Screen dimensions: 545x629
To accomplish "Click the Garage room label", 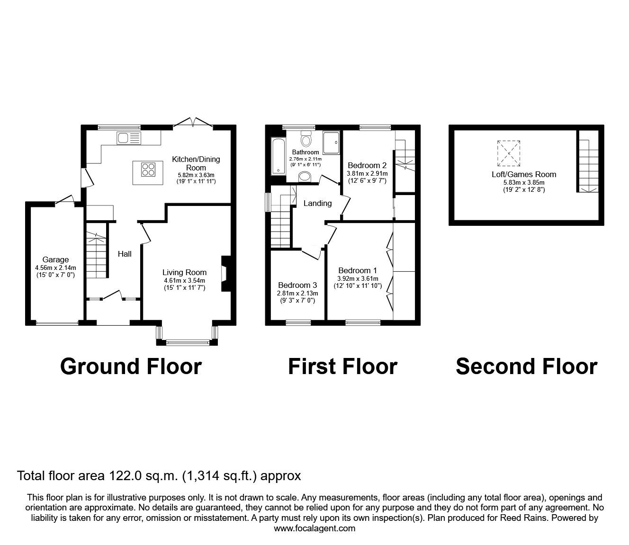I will [x=55, y=259].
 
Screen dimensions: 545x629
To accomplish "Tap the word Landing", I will [x=317, y=203].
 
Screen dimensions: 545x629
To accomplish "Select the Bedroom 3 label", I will [x=297, y=286].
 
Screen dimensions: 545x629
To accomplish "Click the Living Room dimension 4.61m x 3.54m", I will [x=184, y=280].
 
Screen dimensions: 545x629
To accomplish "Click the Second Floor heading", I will [x=526, y=366].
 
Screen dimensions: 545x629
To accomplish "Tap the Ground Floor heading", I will [x=131, y=366].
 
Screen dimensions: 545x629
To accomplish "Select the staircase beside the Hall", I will [x=97, y=256].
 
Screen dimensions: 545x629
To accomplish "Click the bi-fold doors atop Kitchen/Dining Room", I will [x=193, y=124].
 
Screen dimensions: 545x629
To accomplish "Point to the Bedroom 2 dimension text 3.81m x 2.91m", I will [x=367, y=173].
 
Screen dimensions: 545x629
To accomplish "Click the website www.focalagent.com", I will [x=314, y=528].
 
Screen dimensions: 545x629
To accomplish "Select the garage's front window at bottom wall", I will [x=57, y=323].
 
